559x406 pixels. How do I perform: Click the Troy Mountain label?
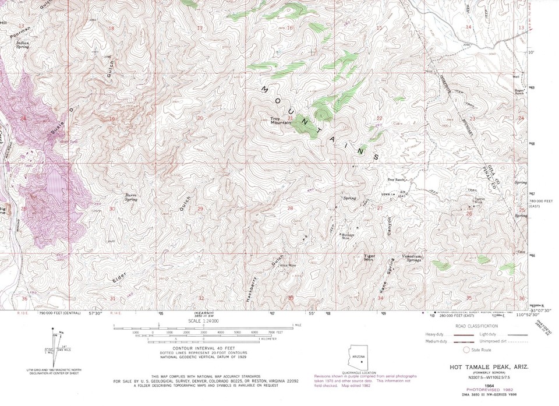pyautogui.click(x=281, y=121)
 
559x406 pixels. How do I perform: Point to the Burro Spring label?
pyautogui.click(x=131, y=197)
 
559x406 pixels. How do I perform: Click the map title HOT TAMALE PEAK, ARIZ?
pyautogui.click(x=482, y=367)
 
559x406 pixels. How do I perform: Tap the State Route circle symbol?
pyautogui.click(x=465, y=350)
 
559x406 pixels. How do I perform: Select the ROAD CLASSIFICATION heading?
pyautogui.click(x=477, y=326)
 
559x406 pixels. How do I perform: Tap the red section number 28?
pyautogui.click(x=289, y=208)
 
